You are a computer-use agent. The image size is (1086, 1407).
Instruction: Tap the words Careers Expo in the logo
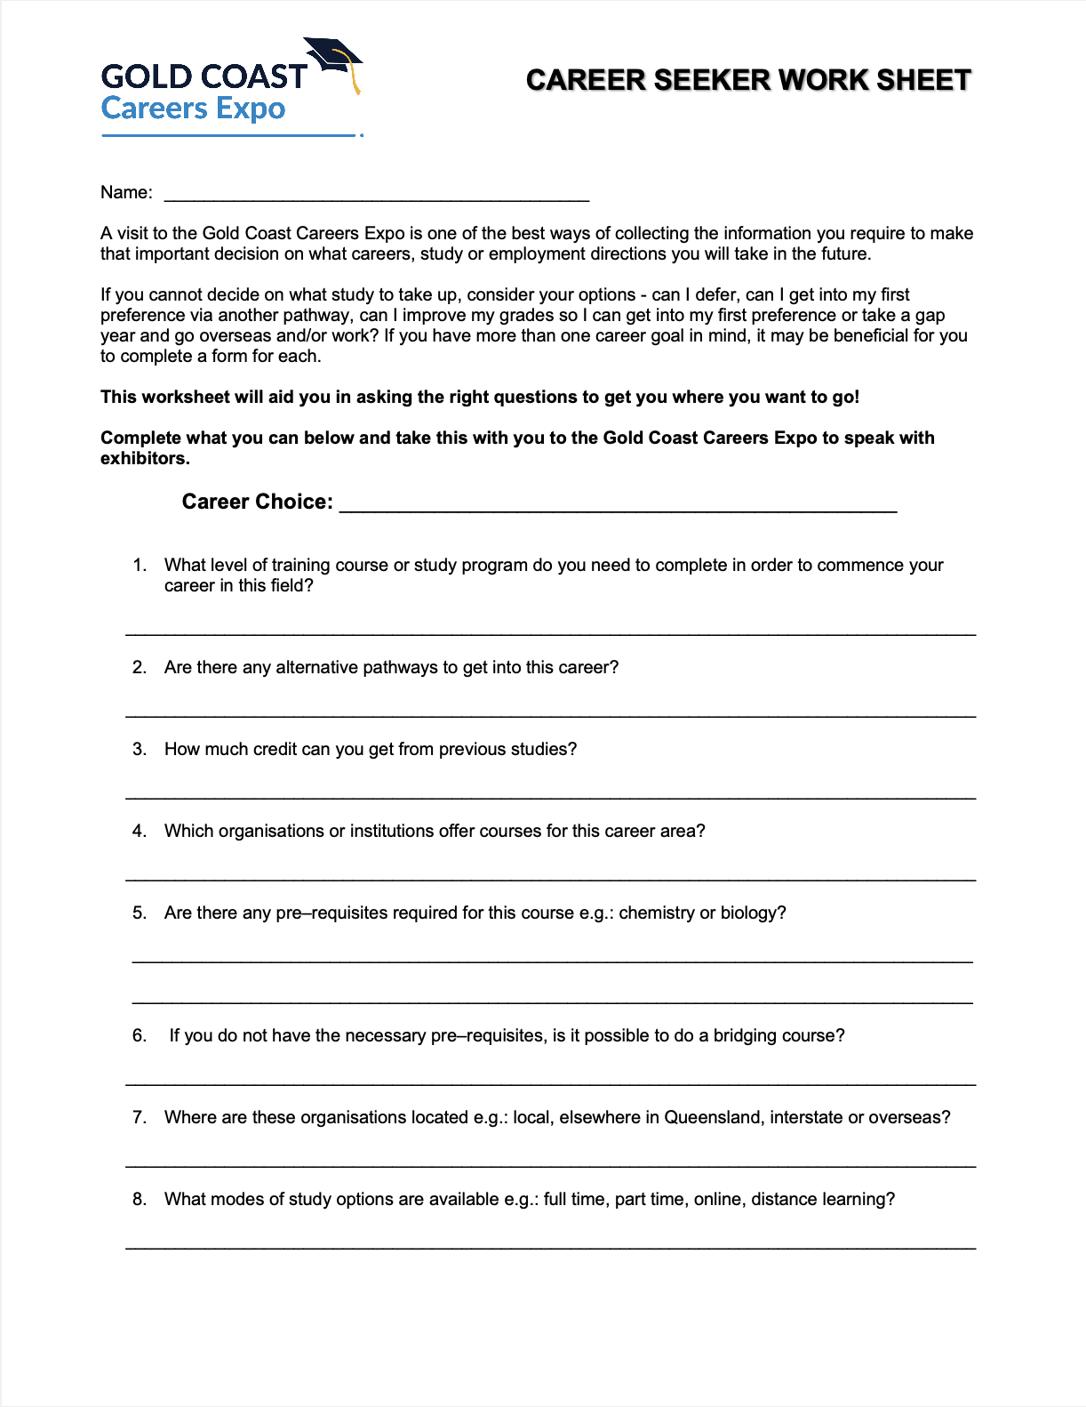[x=193, y=109]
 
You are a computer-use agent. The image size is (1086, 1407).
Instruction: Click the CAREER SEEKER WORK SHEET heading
[x=748, y=80]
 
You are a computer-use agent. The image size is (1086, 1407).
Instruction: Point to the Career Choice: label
[x=257, y=502]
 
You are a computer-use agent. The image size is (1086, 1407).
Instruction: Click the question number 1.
[x=139, y=565]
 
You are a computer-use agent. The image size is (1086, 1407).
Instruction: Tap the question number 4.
[x=139, y=831]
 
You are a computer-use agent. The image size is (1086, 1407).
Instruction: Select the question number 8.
[x=139, y=1199]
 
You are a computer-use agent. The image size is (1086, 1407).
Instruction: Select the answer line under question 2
[x=550, y=715]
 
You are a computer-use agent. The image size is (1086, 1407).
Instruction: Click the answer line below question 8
[x=550, y=1248]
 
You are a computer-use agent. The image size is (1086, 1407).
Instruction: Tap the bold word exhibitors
[x=144, y=459]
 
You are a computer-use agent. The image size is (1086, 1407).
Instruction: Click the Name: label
[x=126, y=192]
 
